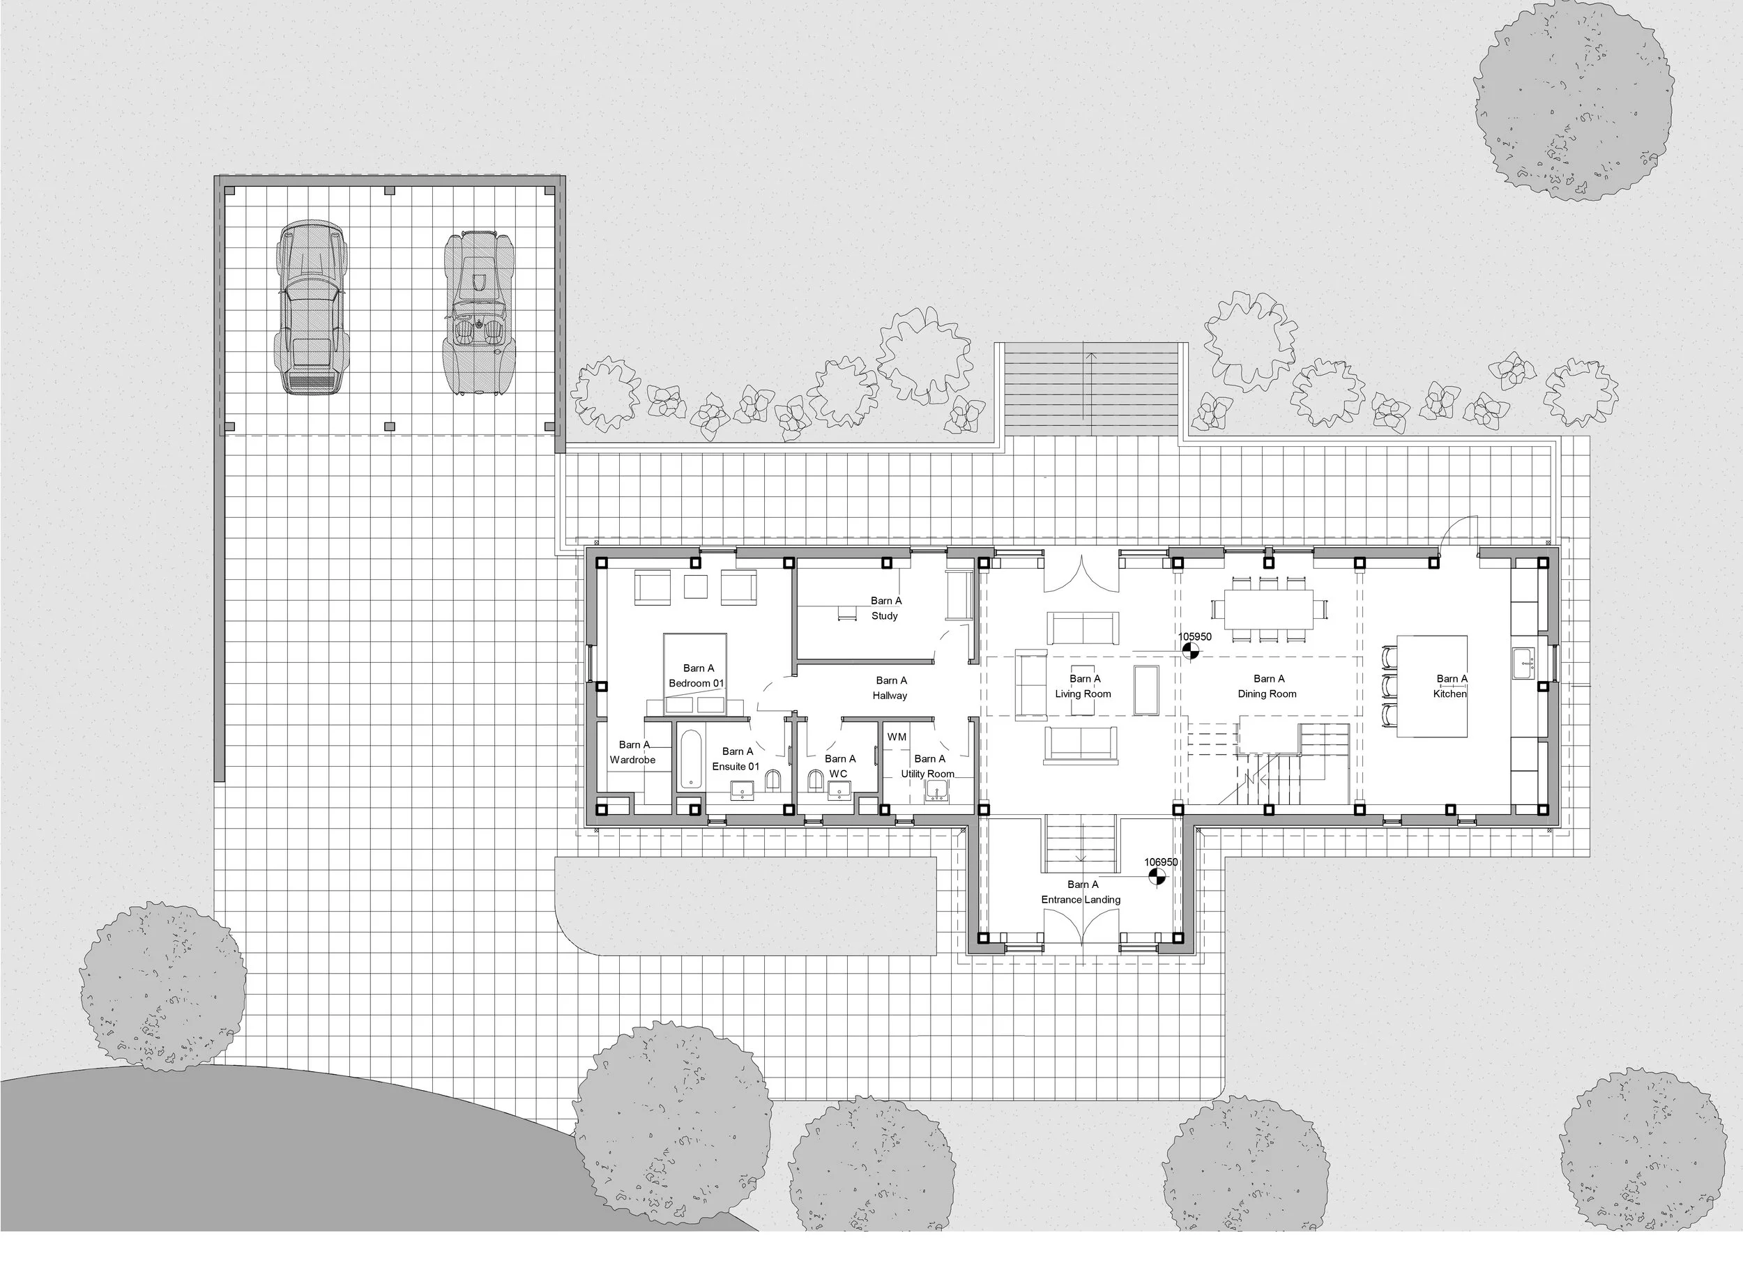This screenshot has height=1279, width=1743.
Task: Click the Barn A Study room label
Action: click(x=885, y=608)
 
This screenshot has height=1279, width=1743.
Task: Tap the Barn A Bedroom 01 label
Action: click(x=697, y=676)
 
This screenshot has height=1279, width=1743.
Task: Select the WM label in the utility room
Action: click(x=897, y=737)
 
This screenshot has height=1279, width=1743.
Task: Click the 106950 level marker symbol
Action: click(x=1156, y=876)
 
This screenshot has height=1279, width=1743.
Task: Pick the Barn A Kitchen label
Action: click(x=1451, y=687)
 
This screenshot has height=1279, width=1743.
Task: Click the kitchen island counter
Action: click(x=1432, y=686)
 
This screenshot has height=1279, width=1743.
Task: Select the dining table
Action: click(x=1268, y=609)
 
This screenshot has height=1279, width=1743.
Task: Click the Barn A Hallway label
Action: click(x=890, y=688)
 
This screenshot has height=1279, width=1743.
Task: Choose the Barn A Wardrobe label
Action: click(x=633, y=753)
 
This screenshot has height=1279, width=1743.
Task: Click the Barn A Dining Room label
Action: click(x=1268, y=687)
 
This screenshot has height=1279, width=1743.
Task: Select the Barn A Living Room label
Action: click(x=1083, y=687)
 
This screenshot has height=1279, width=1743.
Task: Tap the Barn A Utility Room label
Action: click(x=929, y=767)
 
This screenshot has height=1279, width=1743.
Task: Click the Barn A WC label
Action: click(x=839, y=767)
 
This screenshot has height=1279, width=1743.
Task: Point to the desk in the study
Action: click(x=846, y=612)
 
